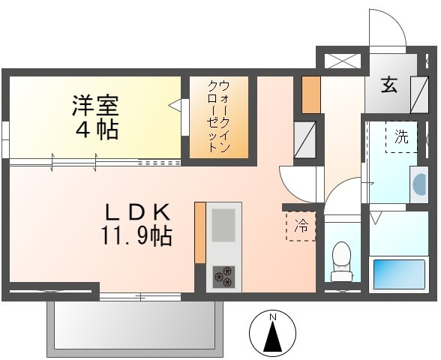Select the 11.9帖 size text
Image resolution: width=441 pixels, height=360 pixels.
tap(137, 237)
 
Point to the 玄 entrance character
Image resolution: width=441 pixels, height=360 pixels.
tap(388, 84)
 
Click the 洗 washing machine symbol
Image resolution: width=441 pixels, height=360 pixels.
tap(401, 137)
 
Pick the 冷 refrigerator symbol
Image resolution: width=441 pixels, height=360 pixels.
tap(301, 225)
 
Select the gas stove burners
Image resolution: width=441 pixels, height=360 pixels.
tap(223, 277)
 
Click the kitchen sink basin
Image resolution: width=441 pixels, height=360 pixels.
tap(223, 225)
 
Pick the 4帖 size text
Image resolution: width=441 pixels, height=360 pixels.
tap(95, 130)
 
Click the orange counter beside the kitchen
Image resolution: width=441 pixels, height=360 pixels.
tap(199, 232)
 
